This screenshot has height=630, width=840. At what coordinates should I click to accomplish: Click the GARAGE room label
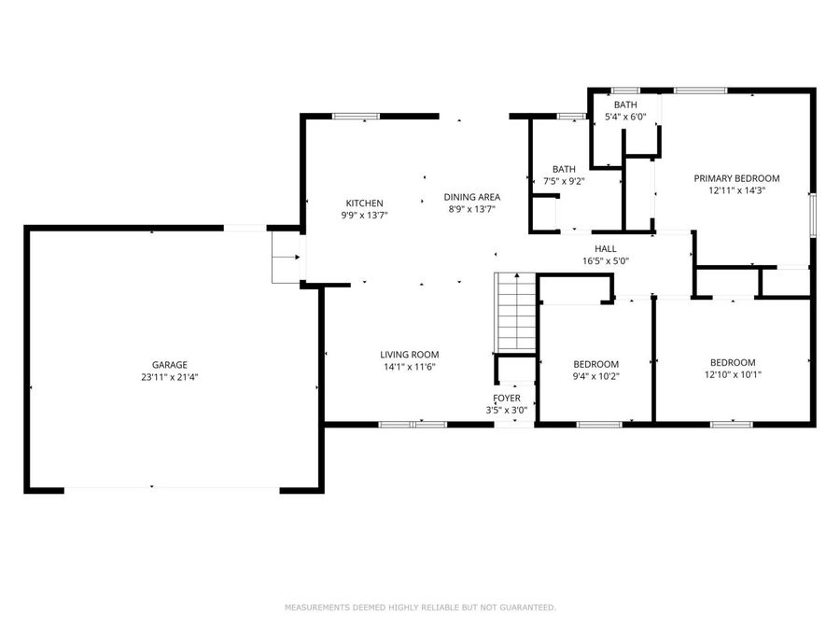[170, 365]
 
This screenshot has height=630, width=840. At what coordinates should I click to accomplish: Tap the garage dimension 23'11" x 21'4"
[170, 378]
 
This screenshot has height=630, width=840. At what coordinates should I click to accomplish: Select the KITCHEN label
[364, 203]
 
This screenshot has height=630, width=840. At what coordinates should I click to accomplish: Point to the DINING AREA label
[471, 197]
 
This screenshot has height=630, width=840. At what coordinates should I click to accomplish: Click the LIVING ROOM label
[409, 355]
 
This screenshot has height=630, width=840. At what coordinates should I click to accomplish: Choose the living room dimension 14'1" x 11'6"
[409, 367]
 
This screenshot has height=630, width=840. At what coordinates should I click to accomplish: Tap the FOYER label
[507, 398]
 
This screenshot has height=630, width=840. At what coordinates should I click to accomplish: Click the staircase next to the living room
[514, 312]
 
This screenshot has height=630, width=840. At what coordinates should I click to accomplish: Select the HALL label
[606, 248]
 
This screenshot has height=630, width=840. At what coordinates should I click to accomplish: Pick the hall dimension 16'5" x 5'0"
[606, 261]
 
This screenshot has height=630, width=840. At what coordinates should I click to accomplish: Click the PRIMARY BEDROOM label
[735, 178]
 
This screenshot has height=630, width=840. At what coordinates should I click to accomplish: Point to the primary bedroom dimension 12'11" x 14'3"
[735, 190]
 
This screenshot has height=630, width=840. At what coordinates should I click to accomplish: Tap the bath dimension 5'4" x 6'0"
[625, 118]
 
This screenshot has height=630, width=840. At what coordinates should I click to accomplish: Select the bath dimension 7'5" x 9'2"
[567, 182]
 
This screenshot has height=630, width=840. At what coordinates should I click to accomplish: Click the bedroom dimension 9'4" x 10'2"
[595, 376]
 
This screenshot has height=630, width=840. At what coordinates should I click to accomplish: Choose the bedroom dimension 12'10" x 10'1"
[733, 375]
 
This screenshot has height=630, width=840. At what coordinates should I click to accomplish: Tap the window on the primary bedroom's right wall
[812, 215]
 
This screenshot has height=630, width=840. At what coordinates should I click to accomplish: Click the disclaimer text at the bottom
[420, 608]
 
